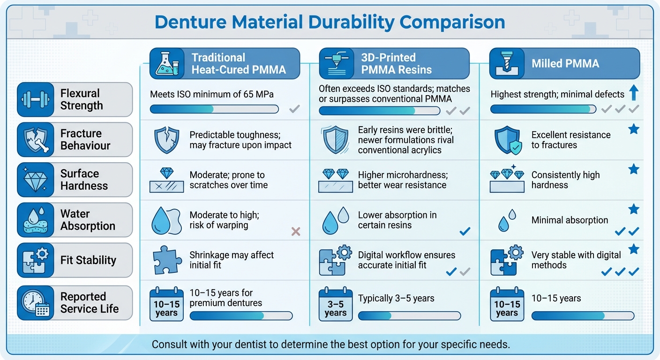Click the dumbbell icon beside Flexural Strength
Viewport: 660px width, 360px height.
point(35,99)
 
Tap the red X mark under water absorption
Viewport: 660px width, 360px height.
point(296,231)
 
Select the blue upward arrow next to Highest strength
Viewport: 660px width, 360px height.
point(633,93)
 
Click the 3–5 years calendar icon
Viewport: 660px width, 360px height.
point(335,305)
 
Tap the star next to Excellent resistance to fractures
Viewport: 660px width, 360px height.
point(634,129)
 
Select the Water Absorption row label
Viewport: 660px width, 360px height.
point(87,220)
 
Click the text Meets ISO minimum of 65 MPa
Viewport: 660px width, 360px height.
point(212,94)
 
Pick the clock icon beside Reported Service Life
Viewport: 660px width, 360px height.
point(35,303)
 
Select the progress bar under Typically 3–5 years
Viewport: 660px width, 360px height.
point(409,316)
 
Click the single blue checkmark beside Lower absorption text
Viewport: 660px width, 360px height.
point(465,231)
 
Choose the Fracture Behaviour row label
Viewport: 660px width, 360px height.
point(85,140)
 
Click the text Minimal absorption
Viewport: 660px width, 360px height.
point(570,220)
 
